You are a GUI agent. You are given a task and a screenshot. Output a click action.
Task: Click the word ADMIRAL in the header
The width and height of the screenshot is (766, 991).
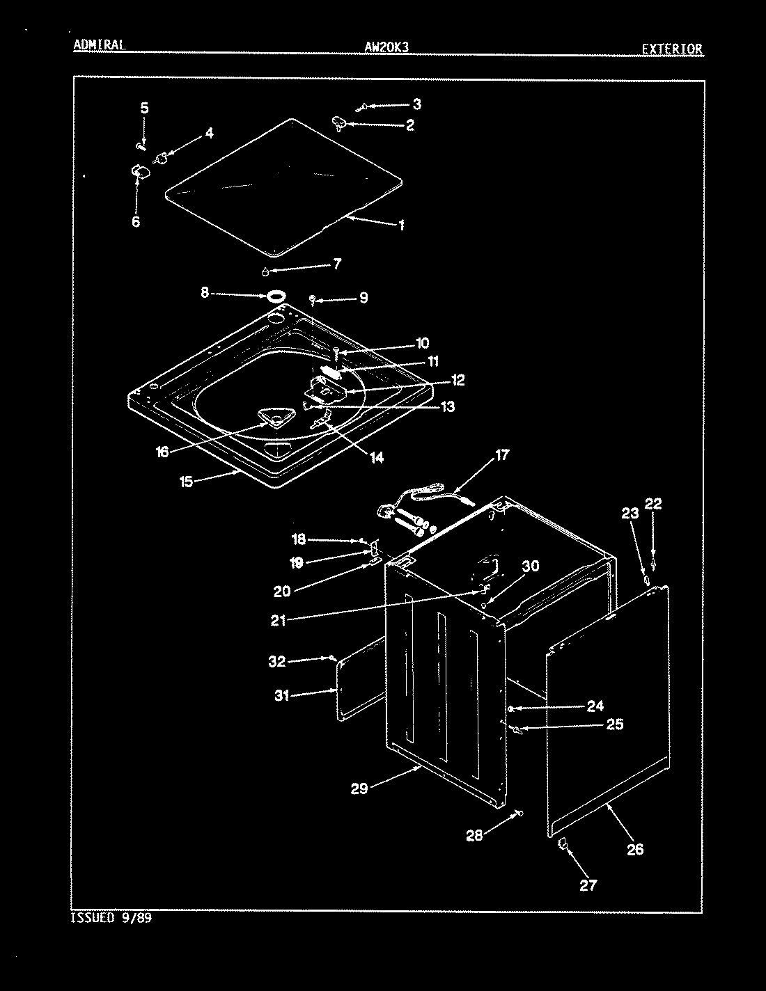(99, 45)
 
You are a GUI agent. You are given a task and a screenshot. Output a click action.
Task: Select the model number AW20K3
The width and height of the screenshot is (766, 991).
(386, 47)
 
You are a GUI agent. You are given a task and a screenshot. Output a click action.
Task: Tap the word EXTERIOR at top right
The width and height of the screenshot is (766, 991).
(672, 49)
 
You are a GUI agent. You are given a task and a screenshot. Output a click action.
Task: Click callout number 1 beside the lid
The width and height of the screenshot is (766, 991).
(402, 225)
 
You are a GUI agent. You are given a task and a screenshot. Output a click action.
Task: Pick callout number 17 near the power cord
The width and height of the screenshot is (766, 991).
(502, 454)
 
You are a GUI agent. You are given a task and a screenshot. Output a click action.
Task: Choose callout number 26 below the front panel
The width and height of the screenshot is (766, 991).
(635, 849)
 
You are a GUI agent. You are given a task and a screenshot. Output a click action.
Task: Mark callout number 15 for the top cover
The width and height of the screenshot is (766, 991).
(186, 482)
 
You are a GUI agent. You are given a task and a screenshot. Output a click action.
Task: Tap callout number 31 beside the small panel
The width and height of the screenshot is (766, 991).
(282, 695)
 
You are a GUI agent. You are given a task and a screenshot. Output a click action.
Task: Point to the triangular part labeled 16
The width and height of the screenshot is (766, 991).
(276, 417)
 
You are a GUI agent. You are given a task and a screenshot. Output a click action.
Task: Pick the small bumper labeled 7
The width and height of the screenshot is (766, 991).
(265, 272)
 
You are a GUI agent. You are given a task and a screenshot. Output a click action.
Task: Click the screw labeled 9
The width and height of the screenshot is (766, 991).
(313, 300)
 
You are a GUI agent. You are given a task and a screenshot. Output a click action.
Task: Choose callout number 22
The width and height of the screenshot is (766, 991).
(653, 503)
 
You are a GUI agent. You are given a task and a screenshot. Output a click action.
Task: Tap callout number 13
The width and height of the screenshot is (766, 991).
(448, 406)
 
